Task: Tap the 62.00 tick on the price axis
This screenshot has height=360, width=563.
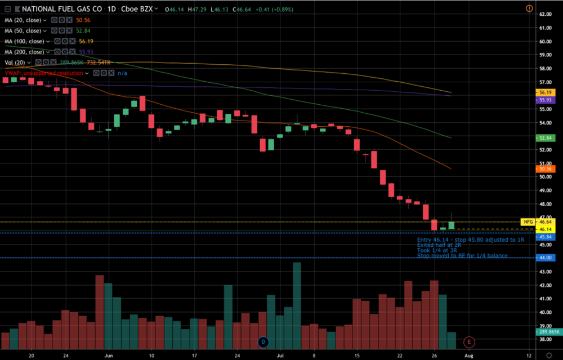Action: [545, 14]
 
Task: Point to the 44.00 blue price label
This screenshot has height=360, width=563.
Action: [545, 257]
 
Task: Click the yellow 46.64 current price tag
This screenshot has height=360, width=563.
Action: [545, 222]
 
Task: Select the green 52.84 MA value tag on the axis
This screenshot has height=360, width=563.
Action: [545, 137]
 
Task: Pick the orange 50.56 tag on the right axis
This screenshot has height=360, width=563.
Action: [545, 168]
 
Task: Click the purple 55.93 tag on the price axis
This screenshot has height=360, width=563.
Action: [545, 100]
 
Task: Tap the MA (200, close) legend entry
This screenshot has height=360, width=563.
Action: [25, 52]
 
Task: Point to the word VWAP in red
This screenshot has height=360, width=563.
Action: [14, 73]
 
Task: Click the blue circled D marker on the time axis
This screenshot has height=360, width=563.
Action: [262, 342]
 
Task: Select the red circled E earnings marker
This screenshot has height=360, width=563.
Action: [468, 342]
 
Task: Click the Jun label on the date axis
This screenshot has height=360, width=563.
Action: [109, 356]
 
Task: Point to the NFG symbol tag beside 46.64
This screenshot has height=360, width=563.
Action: [528, 222]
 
